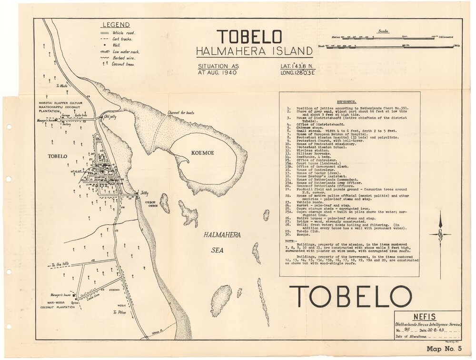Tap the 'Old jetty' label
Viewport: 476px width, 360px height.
click(x=110, y=117)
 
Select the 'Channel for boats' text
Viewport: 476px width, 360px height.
click(x=180, y=112)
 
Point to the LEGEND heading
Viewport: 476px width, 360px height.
click(x=116, y=25)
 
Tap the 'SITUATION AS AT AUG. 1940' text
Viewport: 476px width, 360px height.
click(x=218, y=70)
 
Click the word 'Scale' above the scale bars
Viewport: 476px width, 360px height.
click(x=383, y=31)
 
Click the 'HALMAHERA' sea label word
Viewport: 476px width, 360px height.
click(x=222, y=235)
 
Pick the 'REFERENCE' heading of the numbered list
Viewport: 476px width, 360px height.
click(x=349, y=102)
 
